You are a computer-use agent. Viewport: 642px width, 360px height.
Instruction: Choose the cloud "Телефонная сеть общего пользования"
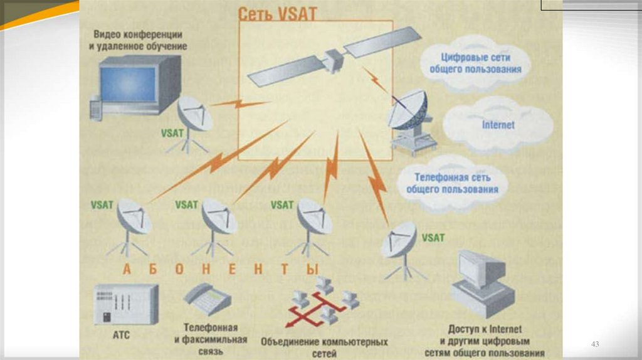point(451,183)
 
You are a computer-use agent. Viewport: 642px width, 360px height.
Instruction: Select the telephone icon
point(206,299)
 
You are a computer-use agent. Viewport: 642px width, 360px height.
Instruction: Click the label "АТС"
point(122,336)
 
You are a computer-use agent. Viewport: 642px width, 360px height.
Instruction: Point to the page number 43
point(595,344)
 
